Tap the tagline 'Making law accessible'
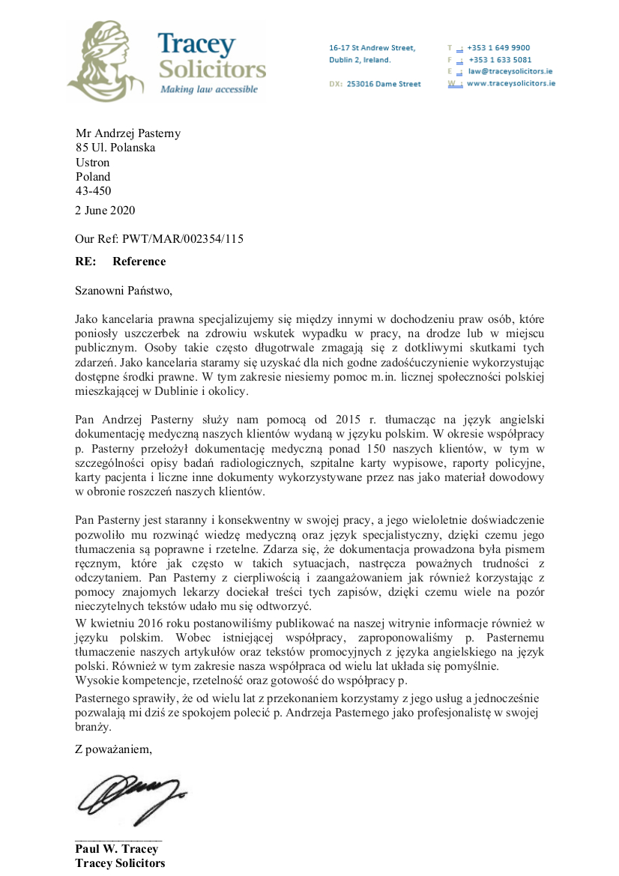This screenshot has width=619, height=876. (208, 89)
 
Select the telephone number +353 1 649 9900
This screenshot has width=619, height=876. (498, 47)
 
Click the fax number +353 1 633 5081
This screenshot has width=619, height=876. (500, 59)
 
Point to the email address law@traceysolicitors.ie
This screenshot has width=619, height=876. (510, 71)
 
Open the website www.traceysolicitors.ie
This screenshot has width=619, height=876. (510, 83)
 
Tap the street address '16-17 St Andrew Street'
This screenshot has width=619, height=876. (372, 48)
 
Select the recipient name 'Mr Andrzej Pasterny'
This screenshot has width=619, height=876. (128, 133)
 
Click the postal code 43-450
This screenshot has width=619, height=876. (93, 191)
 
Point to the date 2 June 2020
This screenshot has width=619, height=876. (105, 211)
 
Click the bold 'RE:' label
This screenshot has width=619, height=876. (85, 262)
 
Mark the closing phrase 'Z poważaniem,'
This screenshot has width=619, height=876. (113, 749)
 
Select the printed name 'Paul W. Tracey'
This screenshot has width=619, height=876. (116, 849)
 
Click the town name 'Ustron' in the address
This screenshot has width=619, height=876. (92, 163)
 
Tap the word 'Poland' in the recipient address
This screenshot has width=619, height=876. (93, 177)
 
